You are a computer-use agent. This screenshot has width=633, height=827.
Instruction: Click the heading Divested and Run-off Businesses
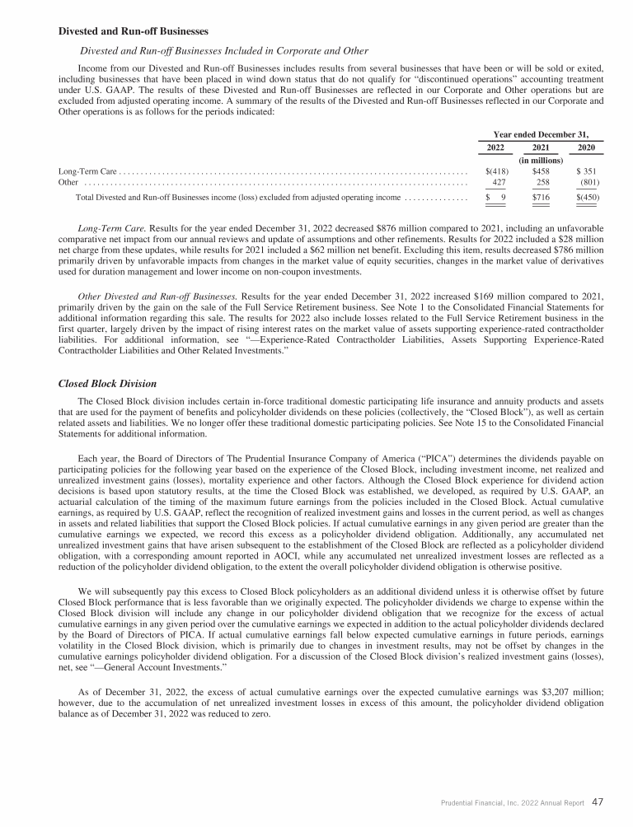point(133,32)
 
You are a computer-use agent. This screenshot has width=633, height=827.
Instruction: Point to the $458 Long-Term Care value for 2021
point(542,171)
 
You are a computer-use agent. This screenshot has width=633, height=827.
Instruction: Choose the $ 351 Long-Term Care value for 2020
point(588,171)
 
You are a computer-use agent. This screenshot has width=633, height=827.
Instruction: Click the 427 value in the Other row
point(499,182)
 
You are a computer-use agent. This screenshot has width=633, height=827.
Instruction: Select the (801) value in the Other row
point(590,182)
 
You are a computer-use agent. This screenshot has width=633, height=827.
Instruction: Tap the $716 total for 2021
point(542,198)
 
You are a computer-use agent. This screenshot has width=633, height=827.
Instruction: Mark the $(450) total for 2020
point(588,198)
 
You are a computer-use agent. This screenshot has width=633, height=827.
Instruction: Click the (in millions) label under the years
point(542,160)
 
